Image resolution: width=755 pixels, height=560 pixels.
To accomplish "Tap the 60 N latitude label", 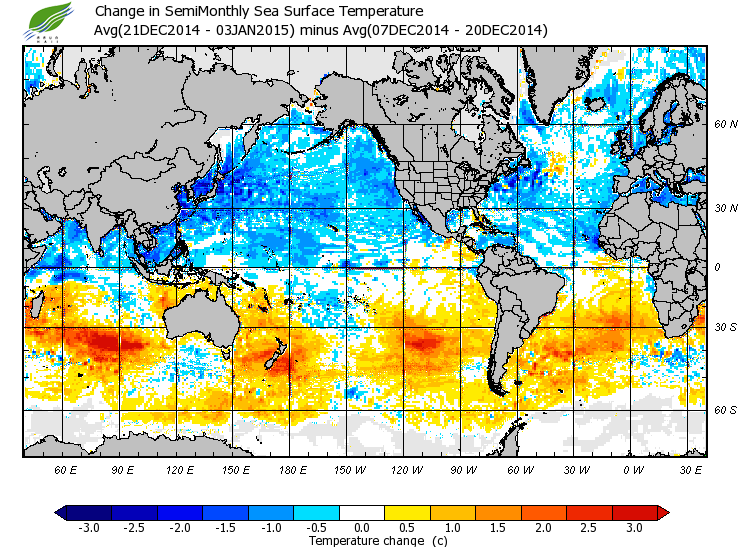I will tap(724, 125).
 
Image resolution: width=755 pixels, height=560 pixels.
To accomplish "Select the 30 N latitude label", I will tap(724, 209).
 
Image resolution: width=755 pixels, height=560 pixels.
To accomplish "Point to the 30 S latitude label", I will tap(724, 328).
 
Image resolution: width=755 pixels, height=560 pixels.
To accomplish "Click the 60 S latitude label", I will tap(724, 410).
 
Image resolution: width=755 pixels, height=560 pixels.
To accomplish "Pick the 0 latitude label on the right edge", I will tap(716, 267).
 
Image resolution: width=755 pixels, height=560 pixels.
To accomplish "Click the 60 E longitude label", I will tap(65, 469).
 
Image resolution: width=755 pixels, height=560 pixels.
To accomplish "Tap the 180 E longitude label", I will tap(290, 469).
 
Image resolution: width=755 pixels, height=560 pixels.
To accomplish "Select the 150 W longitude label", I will tap(348, 469).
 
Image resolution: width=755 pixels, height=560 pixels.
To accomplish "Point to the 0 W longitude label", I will tap(632, 469).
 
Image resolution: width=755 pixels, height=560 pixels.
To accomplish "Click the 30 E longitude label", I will tap(691, 469).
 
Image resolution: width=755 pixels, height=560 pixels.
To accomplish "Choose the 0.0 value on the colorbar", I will tap(363, 528).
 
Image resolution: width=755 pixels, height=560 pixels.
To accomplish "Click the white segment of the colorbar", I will tap(363, 513).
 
